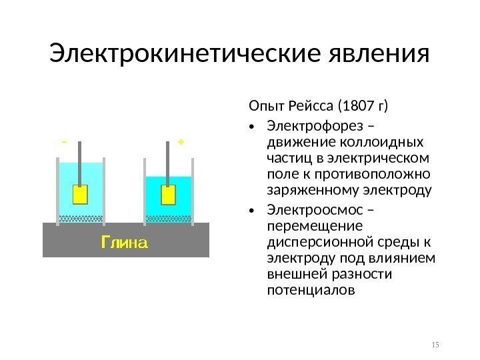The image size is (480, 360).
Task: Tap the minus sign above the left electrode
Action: [64, 142]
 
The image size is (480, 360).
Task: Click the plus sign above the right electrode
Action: [181, 142]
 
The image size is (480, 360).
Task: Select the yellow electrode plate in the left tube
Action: [79, 195]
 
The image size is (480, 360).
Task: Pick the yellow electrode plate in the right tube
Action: [168, 195]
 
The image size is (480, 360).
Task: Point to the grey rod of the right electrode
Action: [168, 161]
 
